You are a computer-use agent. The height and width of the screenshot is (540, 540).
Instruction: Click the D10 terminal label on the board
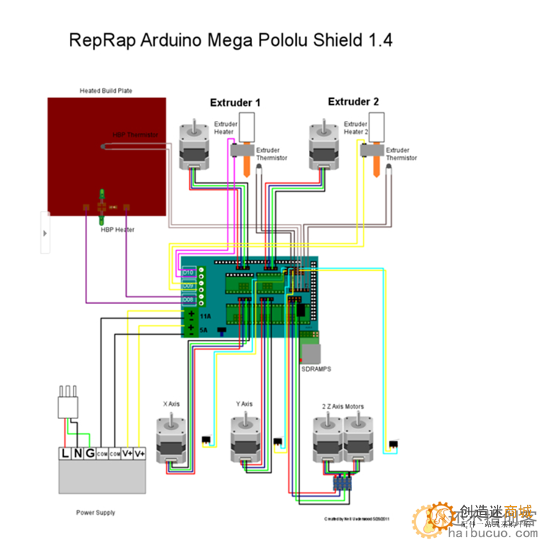point(189,273)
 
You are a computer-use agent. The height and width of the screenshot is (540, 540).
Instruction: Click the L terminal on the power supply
point(66,454)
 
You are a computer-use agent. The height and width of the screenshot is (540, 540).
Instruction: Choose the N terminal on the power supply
point(78,454)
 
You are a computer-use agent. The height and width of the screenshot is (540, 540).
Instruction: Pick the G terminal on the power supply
point(89,454)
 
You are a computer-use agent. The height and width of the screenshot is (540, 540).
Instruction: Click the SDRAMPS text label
point(315,368)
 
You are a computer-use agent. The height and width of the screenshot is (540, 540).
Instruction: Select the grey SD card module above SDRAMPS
point(312,353)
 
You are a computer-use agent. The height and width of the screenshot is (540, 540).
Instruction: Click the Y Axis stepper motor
point(246,440)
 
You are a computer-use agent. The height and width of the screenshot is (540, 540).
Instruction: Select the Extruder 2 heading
point(353,102)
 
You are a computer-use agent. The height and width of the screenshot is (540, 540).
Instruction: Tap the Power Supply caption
point(95,513)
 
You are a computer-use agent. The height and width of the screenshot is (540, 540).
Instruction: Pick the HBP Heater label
point(118,230)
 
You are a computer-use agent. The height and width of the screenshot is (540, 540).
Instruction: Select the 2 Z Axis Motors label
point(343,407)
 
